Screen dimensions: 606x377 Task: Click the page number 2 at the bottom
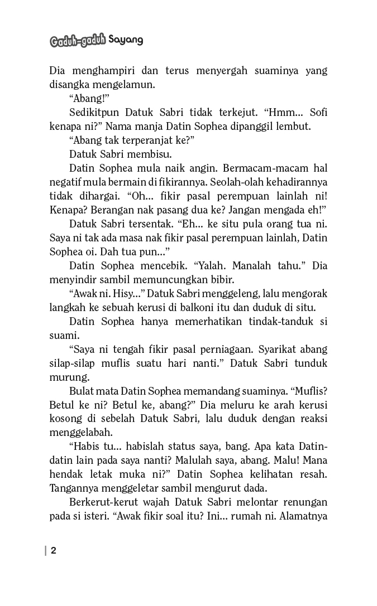click(54, 551)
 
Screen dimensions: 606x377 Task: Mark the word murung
click(65, 377)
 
